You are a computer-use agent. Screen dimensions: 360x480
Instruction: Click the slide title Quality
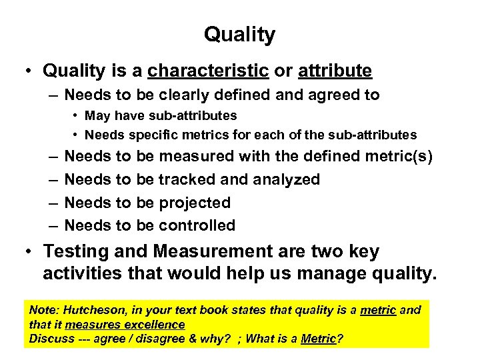[x=239, y=35]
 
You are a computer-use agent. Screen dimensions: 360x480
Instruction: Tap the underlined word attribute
[x=335, y=70]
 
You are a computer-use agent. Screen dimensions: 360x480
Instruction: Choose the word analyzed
[x=285, y=179]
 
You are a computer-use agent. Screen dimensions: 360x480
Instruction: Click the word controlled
[x=197, y=225]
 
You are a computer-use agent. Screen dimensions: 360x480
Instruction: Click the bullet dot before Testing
[x=28, y=252]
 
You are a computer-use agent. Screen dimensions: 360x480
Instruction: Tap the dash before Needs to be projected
[x=51, y=203]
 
